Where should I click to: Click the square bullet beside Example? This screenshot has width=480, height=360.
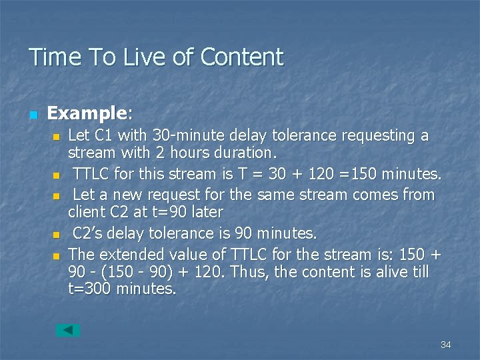[x=33, y=115]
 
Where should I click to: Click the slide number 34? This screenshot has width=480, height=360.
[x=446, y=345]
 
